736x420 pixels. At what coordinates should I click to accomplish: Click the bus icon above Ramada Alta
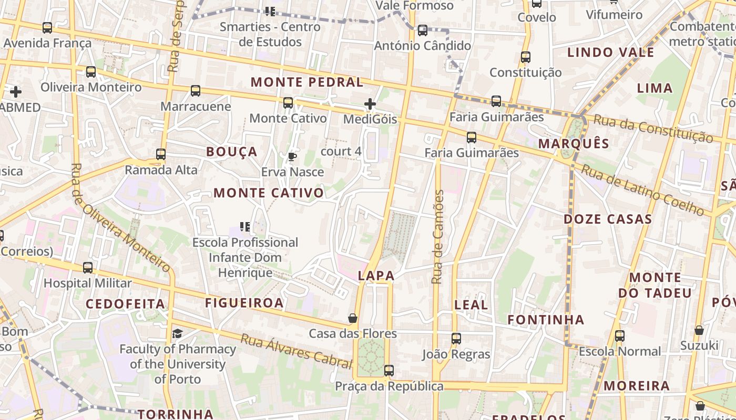tap(161, 154)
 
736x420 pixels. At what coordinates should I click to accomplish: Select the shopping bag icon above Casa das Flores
tap(353, 318)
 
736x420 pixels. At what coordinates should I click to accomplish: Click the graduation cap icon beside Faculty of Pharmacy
tap(178, 333)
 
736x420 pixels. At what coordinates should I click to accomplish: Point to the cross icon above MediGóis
tap(370, 104)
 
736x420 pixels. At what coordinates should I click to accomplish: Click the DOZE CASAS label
tap(608, 219)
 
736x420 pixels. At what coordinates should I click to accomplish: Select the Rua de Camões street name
tap(437, 237)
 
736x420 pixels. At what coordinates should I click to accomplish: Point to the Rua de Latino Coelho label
tap(642, 190)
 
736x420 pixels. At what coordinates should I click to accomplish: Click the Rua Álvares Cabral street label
tap(296, 350)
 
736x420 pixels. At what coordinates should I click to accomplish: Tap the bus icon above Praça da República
tap(389, 371)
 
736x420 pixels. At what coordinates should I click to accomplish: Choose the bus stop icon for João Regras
tap(456, 339)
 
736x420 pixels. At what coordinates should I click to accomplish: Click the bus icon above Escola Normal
tap(620, 336)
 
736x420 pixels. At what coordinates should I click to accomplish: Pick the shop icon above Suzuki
tap(699, 330)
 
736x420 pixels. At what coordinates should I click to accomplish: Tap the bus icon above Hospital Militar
tap(88, 268)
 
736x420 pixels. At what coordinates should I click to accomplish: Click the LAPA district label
tap(376, 276)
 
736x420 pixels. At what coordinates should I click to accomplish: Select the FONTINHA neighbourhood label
tap(546, 319)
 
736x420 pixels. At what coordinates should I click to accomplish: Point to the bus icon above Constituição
tap(525, 57)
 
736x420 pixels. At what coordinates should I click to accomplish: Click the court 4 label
tap(341, 152)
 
